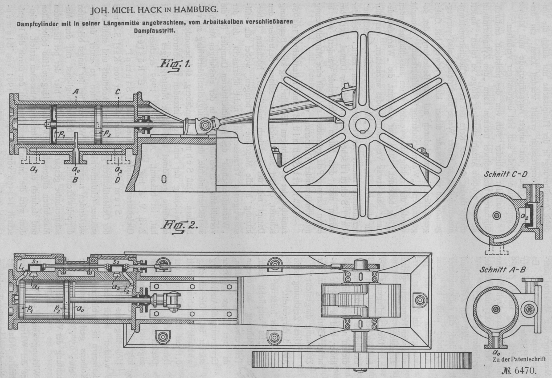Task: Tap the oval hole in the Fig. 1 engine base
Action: tap(164, 179)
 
